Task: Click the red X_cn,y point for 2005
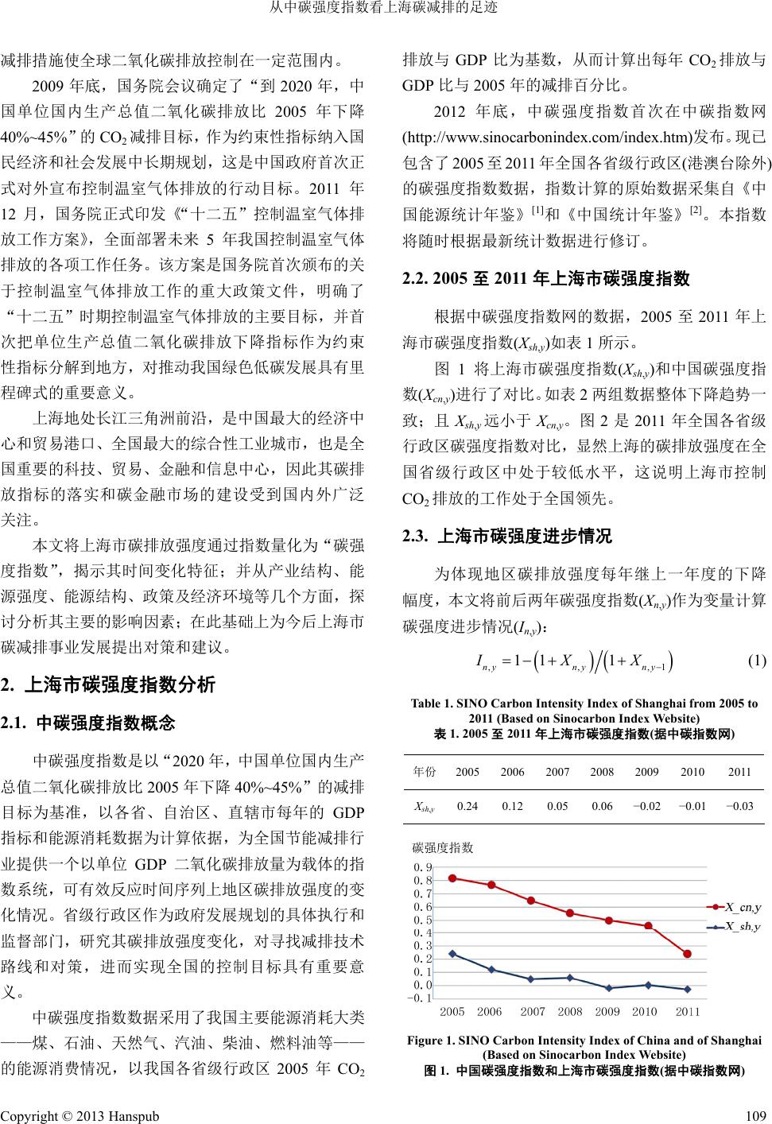452,878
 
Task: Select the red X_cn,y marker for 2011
687,954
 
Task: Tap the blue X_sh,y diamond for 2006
491,969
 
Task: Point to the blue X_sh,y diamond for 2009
609,988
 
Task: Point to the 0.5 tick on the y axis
422,921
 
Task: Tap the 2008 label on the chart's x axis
570,1012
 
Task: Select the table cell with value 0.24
467,806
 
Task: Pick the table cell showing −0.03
739,806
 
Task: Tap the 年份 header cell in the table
425,772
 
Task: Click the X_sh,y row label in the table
425,807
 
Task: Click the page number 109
757,1116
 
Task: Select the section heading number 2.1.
16,724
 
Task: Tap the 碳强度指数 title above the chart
443,847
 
